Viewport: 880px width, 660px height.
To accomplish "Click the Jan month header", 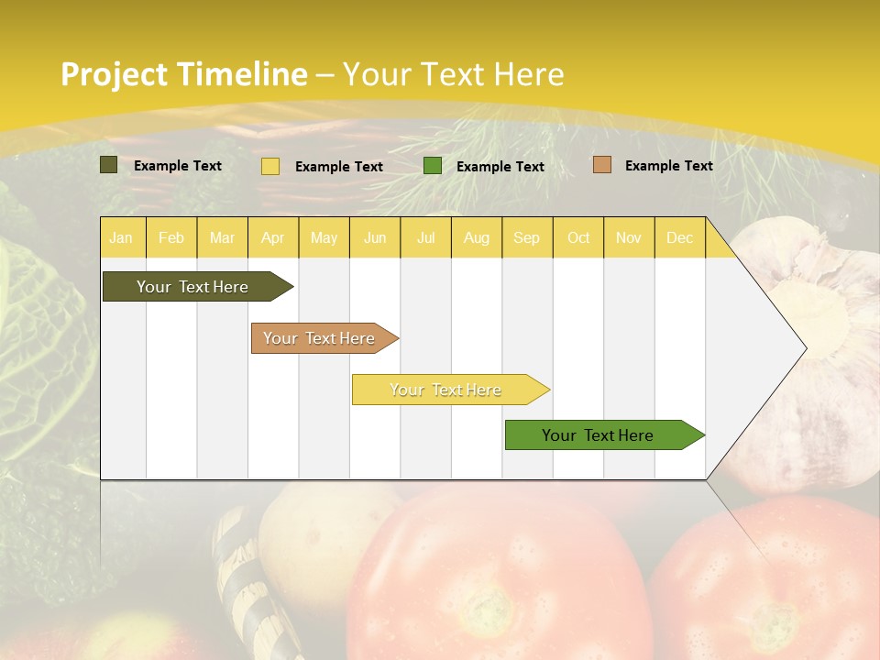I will click(x=121, y=237).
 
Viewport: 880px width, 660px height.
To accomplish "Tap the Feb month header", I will click(x=171, y=237).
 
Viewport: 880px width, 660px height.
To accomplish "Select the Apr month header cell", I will click(x=273, y=237).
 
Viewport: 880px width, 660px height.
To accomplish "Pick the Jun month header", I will click(x=375, y=237).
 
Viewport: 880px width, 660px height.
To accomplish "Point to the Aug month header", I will click(x=477, y=237).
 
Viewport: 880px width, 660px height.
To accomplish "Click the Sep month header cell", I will click(x=527, y=237).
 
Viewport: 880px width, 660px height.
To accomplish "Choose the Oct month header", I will click(x=578, y=237).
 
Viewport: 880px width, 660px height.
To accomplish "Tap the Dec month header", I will click(x=680, y=237).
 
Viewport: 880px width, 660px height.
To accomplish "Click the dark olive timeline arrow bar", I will click(x=193, y=287).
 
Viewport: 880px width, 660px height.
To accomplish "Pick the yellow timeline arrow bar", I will click(x=446, y=390).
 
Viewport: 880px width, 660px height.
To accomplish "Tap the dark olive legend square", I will click(x=109, y=165).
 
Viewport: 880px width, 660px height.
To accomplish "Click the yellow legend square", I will click(x=270, y=166).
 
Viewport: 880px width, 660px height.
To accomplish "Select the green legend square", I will click(x=433, y=166).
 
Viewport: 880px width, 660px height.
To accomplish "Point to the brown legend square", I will click(x=601, y=165).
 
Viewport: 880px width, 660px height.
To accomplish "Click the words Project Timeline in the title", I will click(x=183, y=74).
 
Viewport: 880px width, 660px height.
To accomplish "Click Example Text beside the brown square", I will click(x=668, y=166).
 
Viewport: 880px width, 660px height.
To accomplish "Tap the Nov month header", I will click(x=629, y=237).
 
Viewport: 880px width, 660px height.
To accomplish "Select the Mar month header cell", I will click(x=222, y=237).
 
